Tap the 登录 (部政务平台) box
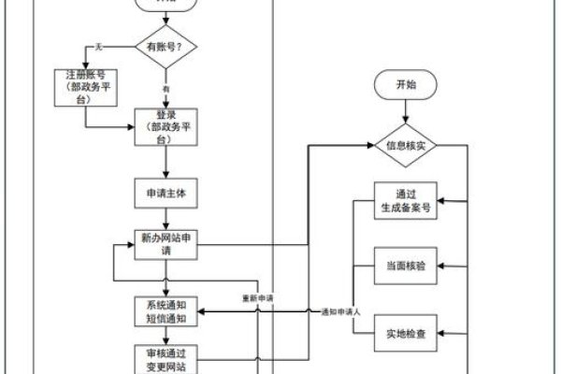tap(165, 127)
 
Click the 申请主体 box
tap(165, 194)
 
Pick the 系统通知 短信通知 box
tap(165, 311)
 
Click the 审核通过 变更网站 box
tap(165, 358)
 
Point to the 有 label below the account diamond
tap(166, 89)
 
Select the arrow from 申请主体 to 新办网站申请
tap(165, 219)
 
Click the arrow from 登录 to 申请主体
tap(165, 162)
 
